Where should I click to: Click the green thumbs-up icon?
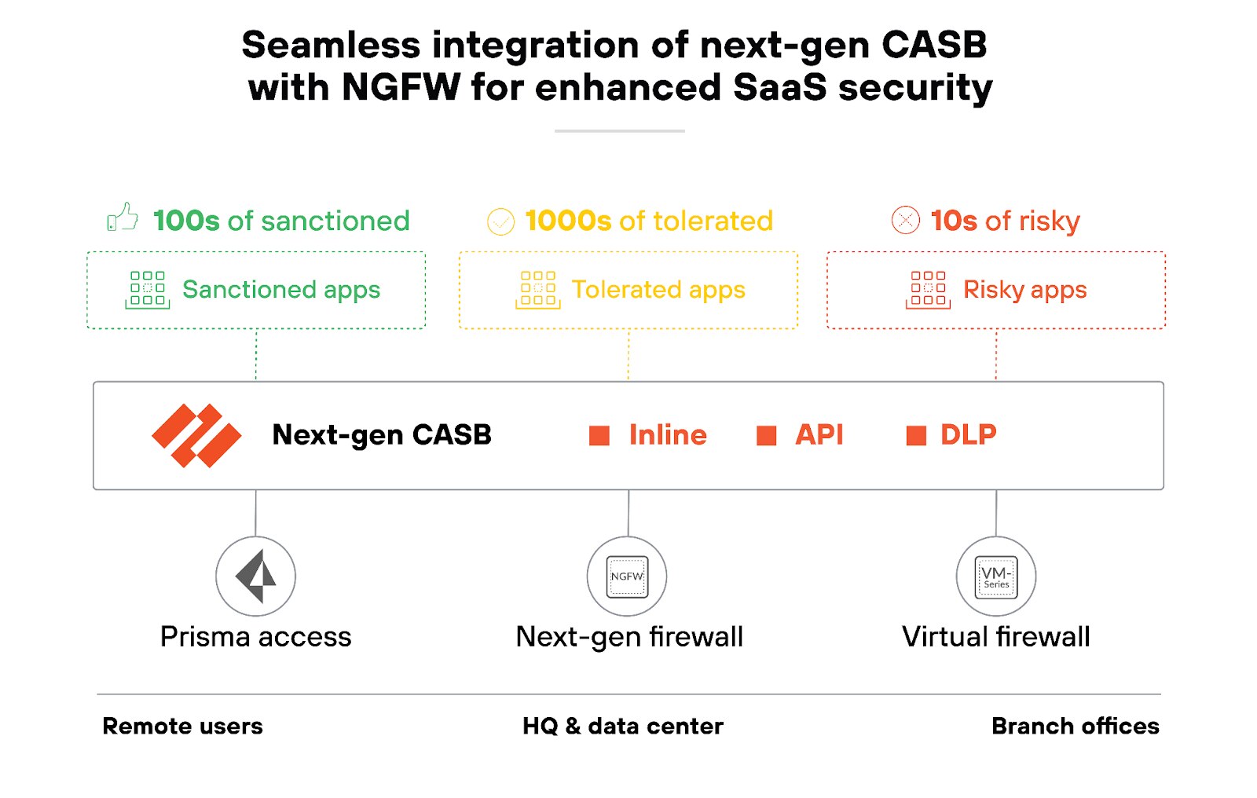click(123, 218)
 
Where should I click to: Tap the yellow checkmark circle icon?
click(500, 221)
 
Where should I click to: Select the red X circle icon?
click(905, 220)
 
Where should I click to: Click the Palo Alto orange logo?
click(196, 435)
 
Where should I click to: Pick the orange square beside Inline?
click(599, 436)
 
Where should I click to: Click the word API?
click(819, 434)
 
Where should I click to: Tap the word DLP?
click(968, 434)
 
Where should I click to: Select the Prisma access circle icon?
click(256, 577)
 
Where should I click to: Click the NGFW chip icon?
click(627, 577)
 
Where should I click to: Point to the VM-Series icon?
click(995, 577)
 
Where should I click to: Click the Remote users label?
click(182, 726)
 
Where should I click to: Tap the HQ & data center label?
click(622, 726)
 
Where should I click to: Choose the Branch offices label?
click(1075, 726)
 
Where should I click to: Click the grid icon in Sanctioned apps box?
click(148, 289)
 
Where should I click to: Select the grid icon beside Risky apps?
click(928, 289)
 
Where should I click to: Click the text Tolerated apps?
click(658, 290)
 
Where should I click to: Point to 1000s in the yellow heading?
click(568, 221)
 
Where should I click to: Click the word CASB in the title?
click(933, 45)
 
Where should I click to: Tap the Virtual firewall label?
click(995, 636)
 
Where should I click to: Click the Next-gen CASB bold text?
click(382, 434)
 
